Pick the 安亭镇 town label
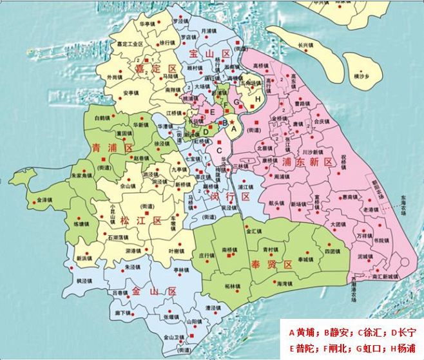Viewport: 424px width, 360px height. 131,92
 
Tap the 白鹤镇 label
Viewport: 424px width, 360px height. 102,118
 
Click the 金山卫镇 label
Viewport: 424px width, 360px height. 174,337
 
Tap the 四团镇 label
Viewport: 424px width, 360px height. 331,251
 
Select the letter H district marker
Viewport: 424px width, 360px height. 258,99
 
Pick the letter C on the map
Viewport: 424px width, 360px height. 220,151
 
